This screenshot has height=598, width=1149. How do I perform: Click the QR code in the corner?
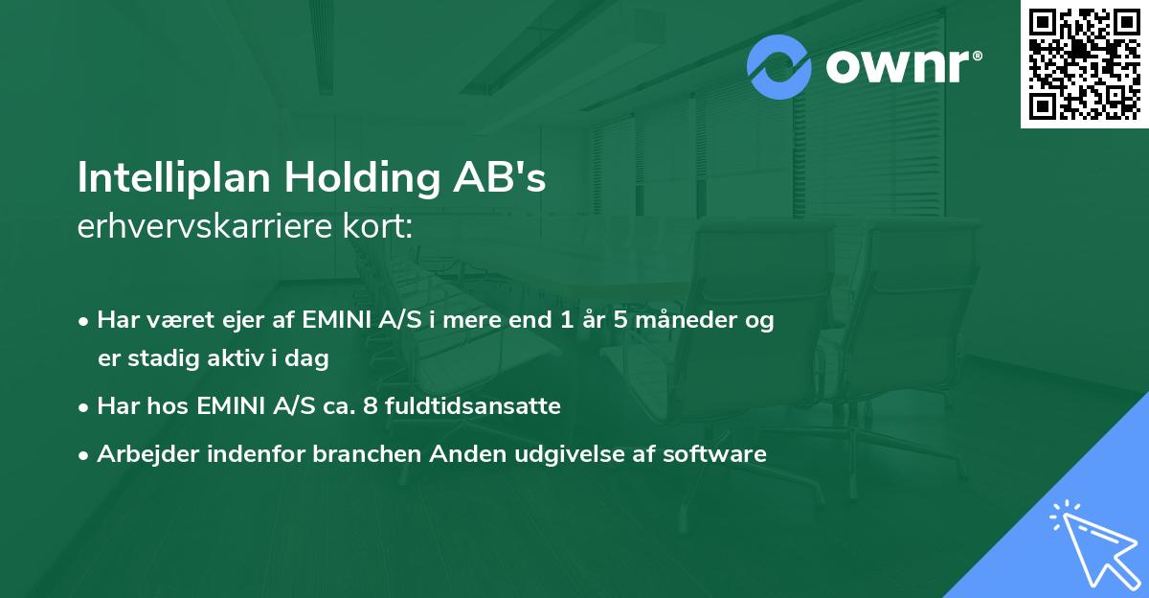1084,63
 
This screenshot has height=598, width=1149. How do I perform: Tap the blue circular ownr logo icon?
779,66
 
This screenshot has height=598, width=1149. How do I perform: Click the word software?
722,454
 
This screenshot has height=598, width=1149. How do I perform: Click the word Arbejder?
140,454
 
